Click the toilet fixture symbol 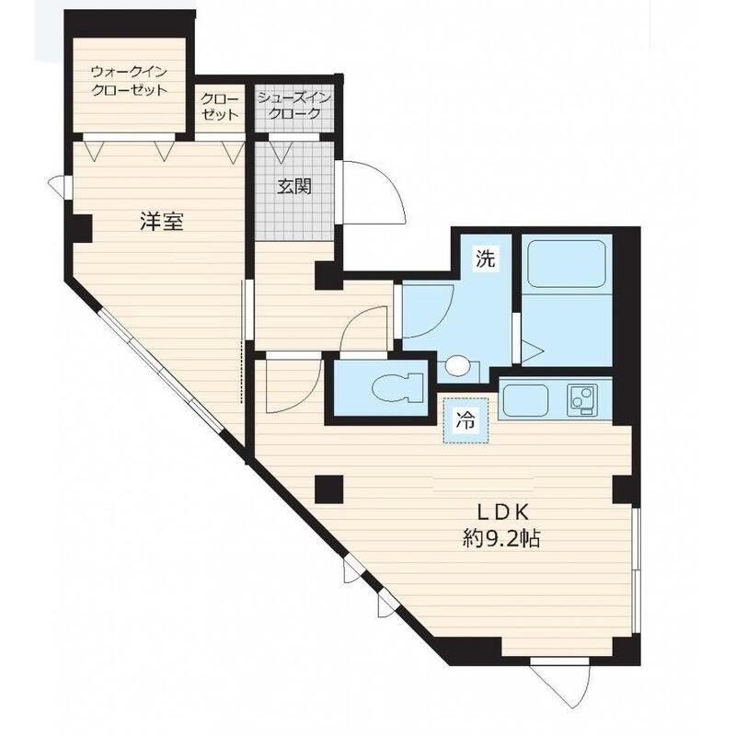pos(398,387)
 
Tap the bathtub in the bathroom pos(567,264)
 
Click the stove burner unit pos(582,400)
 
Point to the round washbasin pos(457,365)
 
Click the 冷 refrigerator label pos(466,420)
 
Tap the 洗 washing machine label pos(486,258)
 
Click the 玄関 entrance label pos(294,187)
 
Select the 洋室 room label pos(162,221)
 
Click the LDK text pos(503,512)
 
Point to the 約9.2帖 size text pos(501,538)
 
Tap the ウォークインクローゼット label pos(129,81)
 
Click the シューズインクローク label pos(294,106)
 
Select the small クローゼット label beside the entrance pos(220,107)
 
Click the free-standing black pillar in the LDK pos(329,489)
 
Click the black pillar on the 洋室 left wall pos(81,228)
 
